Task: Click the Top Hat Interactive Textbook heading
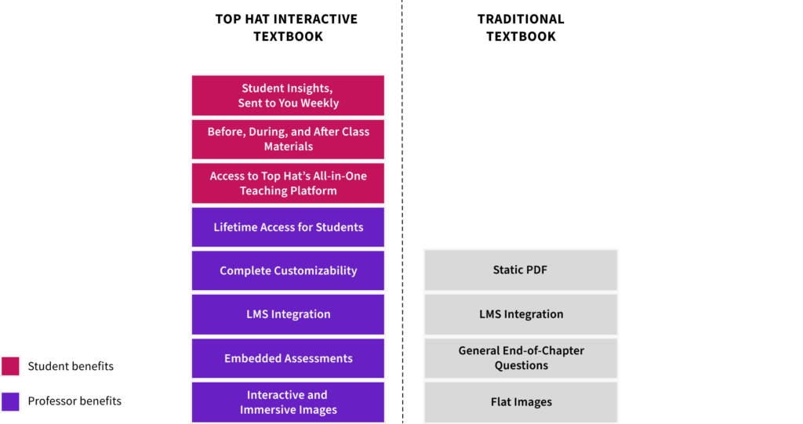pyautogui.click(x=287, y=27)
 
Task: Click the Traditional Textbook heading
pyautogui.click(x=521, y=27)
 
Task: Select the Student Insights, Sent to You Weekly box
pyautogui.click(x=288, y=96)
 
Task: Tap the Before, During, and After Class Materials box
pyautogui.click(x=288, y=140)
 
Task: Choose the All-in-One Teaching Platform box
pyautogui.click(x=288, y=183)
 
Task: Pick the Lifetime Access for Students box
pyautogui.click(x=288, y=227)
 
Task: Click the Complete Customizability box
pyautogui.click(x=288, y=271)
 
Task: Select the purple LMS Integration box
pyautogui.click(x=288, y=314)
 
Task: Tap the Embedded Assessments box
pyautogui.click(x=288, y=358)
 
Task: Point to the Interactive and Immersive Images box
pyautogui.click(x=288, y=403)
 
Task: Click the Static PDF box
pyautogui.click(x=521, y=270)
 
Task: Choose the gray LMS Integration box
pyautogui.click(x=521, y=314)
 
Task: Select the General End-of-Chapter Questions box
pyautogui.click(x=521, y=358)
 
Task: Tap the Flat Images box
pyautogui.click(x=521, y=403)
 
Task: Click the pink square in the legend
pyautogui.click(x=10, y=366)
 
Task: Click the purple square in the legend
pyautogui.click(x=10, y=401)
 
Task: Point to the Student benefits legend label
pyautogui.click(x=71, y=366)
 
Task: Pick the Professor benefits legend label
pyautogui.click(x=74, y=401)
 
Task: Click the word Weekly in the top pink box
pyautogui.click(x=320, y=103)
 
